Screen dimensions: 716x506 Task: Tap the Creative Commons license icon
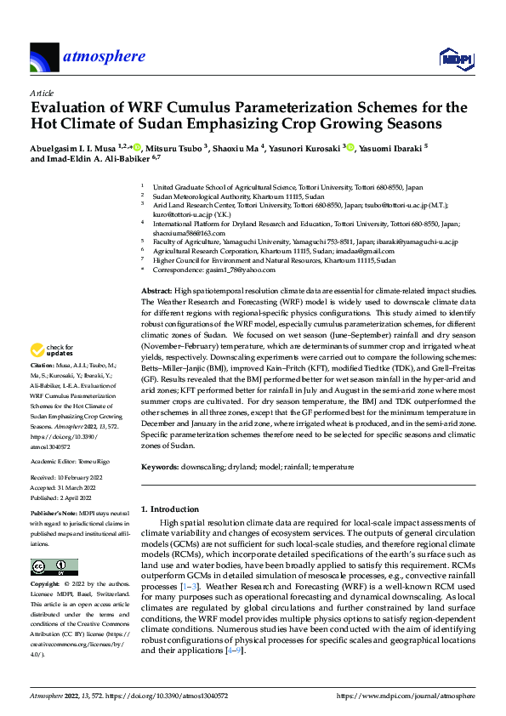pos(50,566)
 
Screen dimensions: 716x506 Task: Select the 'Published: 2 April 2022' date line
pos(65,497)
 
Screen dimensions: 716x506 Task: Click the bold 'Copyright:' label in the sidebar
pos(46,585)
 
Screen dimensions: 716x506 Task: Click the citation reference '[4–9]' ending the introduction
pos(230,650)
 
